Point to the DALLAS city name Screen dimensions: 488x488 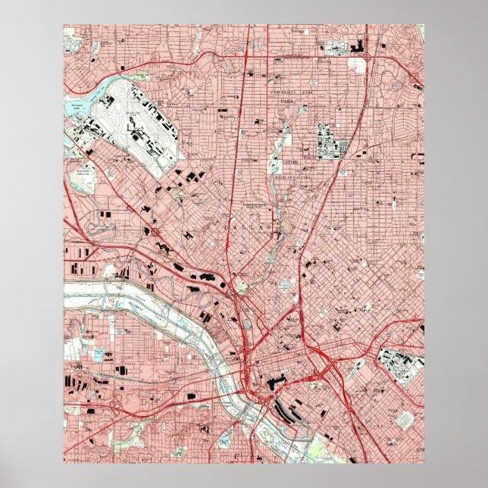(x=257, y=227)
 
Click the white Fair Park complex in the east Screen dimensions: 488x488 (x=399, y=364)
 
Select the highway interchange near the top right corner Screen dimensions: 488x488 (x=367, y=55)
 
